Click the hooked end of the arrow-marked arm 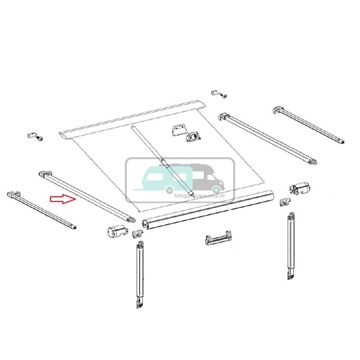tap(44, 172)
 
